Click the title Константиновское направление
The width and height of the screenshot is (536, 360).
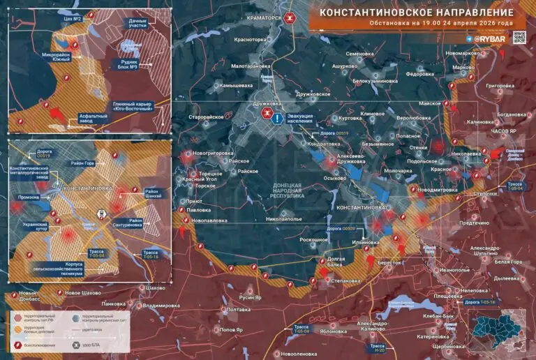[417, 13]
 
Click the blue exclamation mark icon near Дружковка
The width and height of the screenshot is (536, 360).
[278, 119]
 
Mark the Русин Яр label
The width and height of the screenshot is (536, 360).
[249, 297]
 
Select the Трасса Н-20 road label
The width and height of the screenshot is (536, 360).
[377, 347]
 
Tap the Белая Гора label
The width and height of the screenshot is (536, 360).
[508, 262]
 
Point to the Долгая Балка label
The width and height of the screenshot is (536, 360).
[336, 262]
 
